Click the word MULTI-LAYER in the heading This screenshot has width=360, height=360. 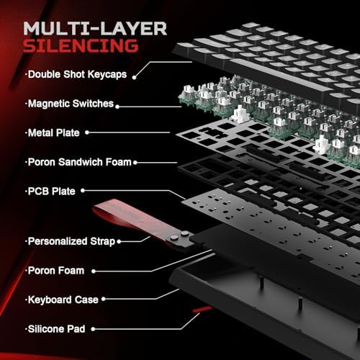[96, 28]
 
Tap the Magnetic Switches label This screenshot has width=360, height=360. [71, 104]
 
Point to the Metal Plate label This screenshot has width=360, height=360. [53, 132]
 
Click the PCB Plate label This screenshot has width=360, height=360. [51, 191]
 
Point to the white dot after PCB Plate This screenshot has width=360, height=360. [83, 191]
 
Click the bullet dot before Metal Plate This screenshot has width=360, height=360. [26, 132]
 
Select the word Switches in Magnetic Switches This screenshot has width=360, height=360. [94, 104]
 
